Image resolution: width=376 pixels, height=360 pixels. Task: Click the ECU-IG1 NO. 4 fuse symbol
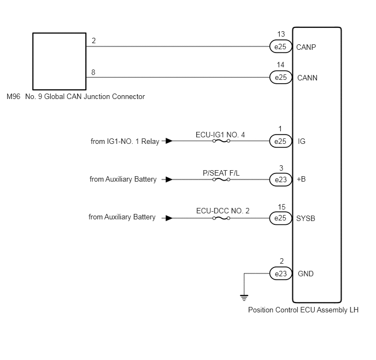(x=221, y=141)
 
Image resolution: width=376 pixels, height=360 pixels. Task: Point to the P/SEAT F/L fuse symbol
(x=221, y=179)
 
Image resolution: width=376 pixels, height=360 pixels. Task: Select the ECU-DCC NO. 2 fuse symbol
(x=221, y=218)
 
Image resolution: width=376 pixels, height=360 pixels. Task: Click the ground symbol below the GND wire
(x=244, y=298)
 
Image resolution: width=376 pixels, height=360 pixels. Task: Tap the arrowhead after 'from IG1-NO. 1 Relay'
(x=169, y=141)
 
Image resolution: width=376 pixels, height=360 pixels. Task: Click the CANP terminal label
(x=306, y=47)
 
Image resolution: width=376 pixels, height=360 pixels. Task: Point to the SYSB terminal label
(x=305, y=218)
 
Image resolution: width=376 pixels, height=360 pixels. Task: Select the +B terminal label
(x=301, y=179)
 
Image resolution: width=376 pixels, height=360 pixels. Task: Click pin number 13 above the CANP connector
(x=281, y=34)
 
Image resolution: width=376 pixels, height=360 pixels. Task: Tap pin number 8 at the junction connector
(x=93, y=72)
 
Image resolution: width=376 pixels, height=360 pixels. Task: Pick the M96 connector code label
(x=14, y=96)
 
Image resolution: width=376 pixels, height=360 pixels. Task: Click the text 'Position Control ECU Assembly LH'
(x=303, y=310)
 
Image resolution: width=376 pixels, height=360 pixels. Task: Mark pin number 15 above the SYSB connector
(x=281, y=207)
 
